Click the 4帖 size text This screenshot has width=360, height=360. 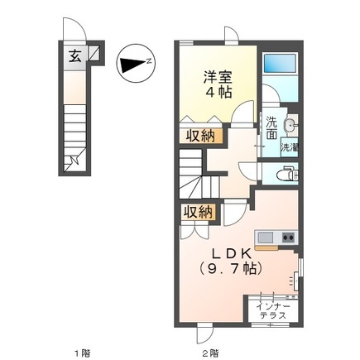pyautogui.click(x=218, y=93)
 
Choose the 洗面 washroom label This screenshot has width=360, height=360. pyautogui.click(x=271, y=129)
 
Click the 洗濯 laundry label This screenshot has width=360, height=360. pyautogui.click(x=289, y=147)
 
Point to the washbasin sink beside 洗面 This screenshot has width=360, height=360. pyautogui.click(x=290, y=126)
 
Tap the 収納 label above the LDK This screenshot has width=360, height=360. pyautogui.click(x=199, y=212)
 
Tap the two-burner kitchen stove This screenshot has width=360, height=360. pyautogui.click(x=288, y=237)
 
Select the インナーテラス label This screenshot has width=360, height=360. pyautogui.click(x=272, y=310)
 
